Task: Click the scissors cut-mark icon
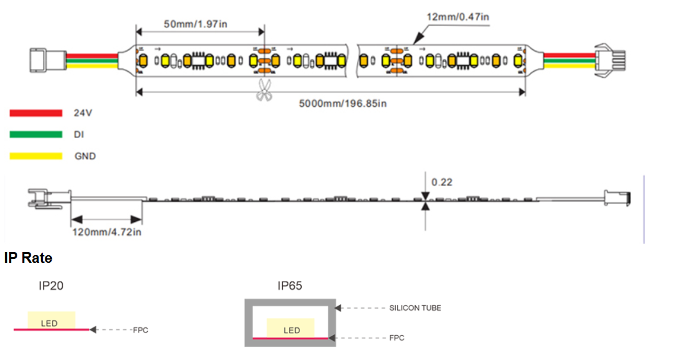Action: [263, 91]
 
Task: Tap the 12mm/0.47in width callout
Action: [458, 17]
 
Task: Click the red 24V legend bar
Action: [36, 113]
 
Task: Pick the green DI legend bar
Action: [36, 134]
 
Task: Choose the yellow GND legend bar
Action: [36, 155]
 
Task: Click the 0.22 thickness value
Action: [442, 182]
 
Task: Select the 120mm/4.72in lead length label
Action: [106, 231]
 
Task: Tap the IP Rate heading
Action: [28, 258]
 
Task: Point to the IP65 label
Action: [290, 286]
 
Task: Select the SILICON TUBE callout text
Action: [415, 308]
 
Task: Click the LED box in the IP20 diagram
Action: [51, 321]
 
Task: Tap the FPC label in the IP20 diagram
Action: [141, 330]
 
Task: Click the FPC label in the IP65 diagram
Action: [396, 338]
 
